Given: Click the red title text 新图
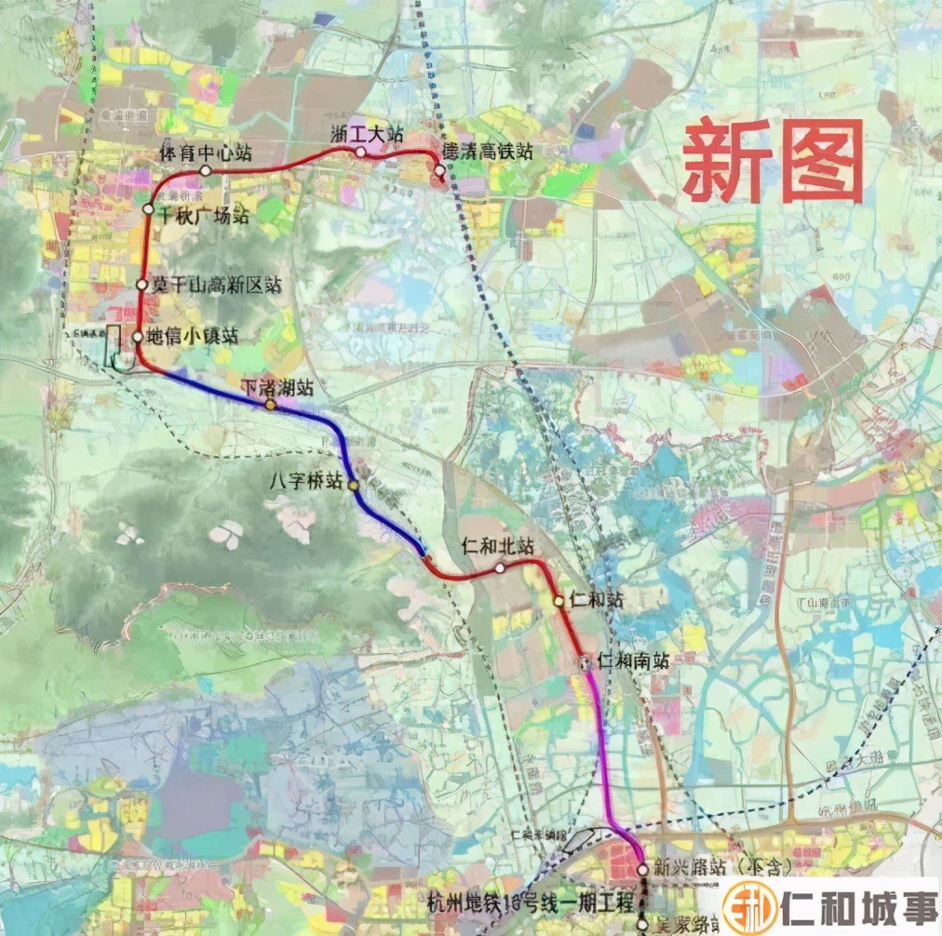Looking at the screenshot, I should (774, 161).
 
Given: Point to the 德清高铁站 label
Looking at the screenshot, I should (487, 151).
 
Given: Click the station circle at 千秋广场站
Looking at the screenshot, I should (148, 211).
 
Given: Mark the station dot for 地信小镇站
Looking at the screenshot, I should (137, 337).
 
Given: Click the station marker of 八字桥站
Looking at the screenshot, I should (353, 485).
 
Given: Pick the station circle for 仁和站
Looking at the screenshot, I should (558, 601).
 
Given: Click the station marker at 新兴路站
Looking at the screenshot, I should (642, 869).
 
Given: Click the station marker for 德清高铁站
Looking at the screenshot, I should (439, 170).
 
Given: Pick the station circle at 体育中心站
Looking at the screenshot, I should (205, 170).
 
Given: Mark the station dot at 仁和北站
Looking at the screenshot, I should (500, 568).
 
